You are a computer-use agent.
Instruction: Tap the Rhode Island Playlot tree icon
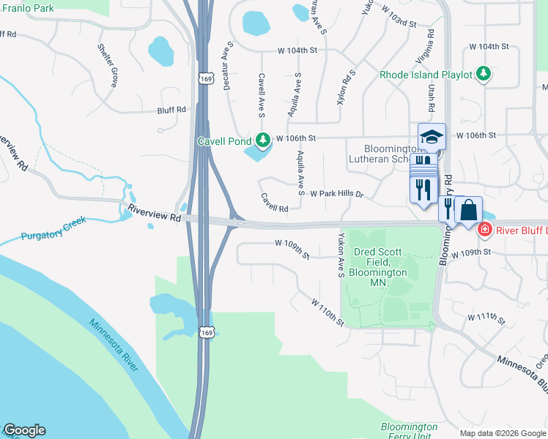(x=483, y=73)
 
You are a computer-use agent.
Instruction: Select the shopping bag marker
(x=467, y=211)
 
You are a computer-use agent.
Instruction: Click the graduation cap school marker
(x=432, y=137)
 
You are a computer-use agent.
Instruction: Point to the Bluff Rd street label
(x=171, y=110)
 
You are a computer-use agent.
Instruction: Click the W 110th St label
(x=327, y=311)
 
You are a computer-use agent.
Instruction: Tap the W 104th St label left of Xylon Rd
(x=297, y=50)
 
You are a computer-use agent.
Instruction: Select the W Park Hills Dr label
(x=337, y=194)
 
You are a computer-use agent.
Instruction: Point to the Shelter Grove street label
(x=108, y=64)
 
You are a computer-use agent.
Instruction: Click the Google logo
(x=23, y=430)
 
